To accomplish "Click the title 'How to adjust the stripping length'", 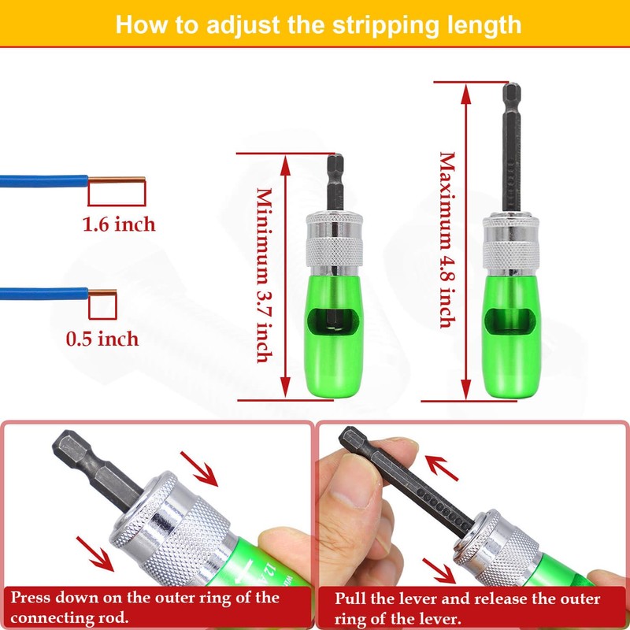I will (x=318, y=24).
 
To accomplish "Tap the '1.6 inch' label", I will (x=120, y=224).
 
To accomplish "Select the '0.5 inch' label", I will (x=102, y=339).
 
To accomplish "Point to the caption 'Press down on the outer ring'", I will (x=145, y=606).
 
